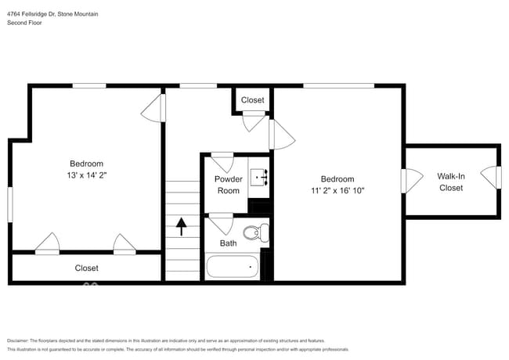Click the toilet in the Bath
coord(256,233)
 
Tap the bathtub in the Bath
coord(233,267)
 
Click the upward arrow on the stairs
coord(182,226)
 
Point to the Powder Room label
coord(228,185)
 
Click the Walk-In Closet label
coord(451,182)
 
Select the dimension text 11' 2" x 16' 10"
coord(338,190)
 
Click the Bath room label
coord(228,243)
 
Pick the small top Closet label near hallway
coord(252,100)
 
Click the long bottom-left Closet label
coord(87,268)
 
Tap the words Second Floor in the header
coord(25,23)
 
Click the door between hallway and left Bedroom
coord(153,109)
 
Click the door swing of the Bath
coord(222,225)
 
